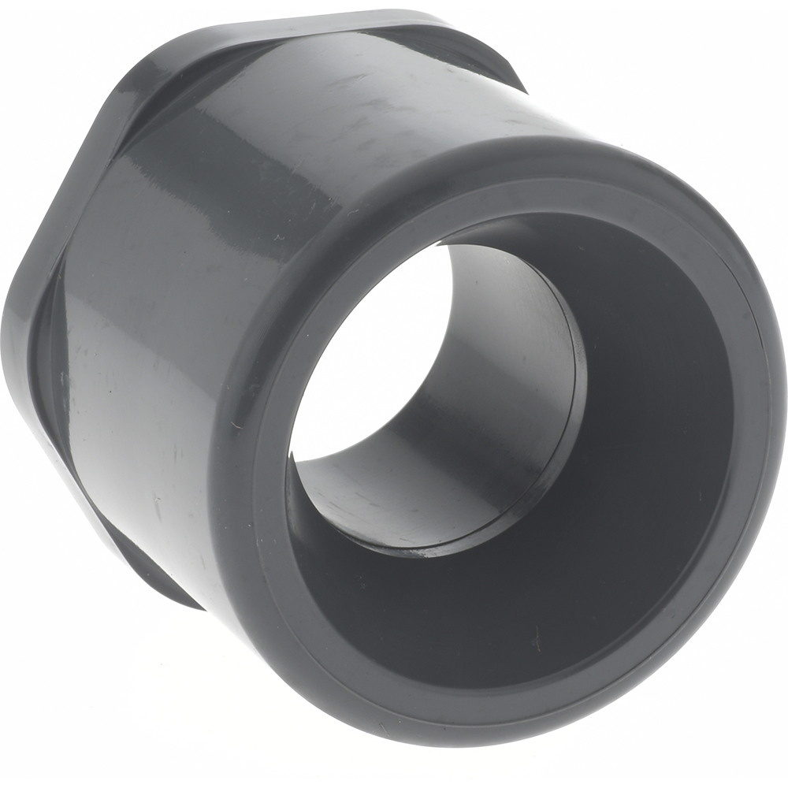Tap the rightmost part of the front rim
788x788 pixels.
coord(768,394)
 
